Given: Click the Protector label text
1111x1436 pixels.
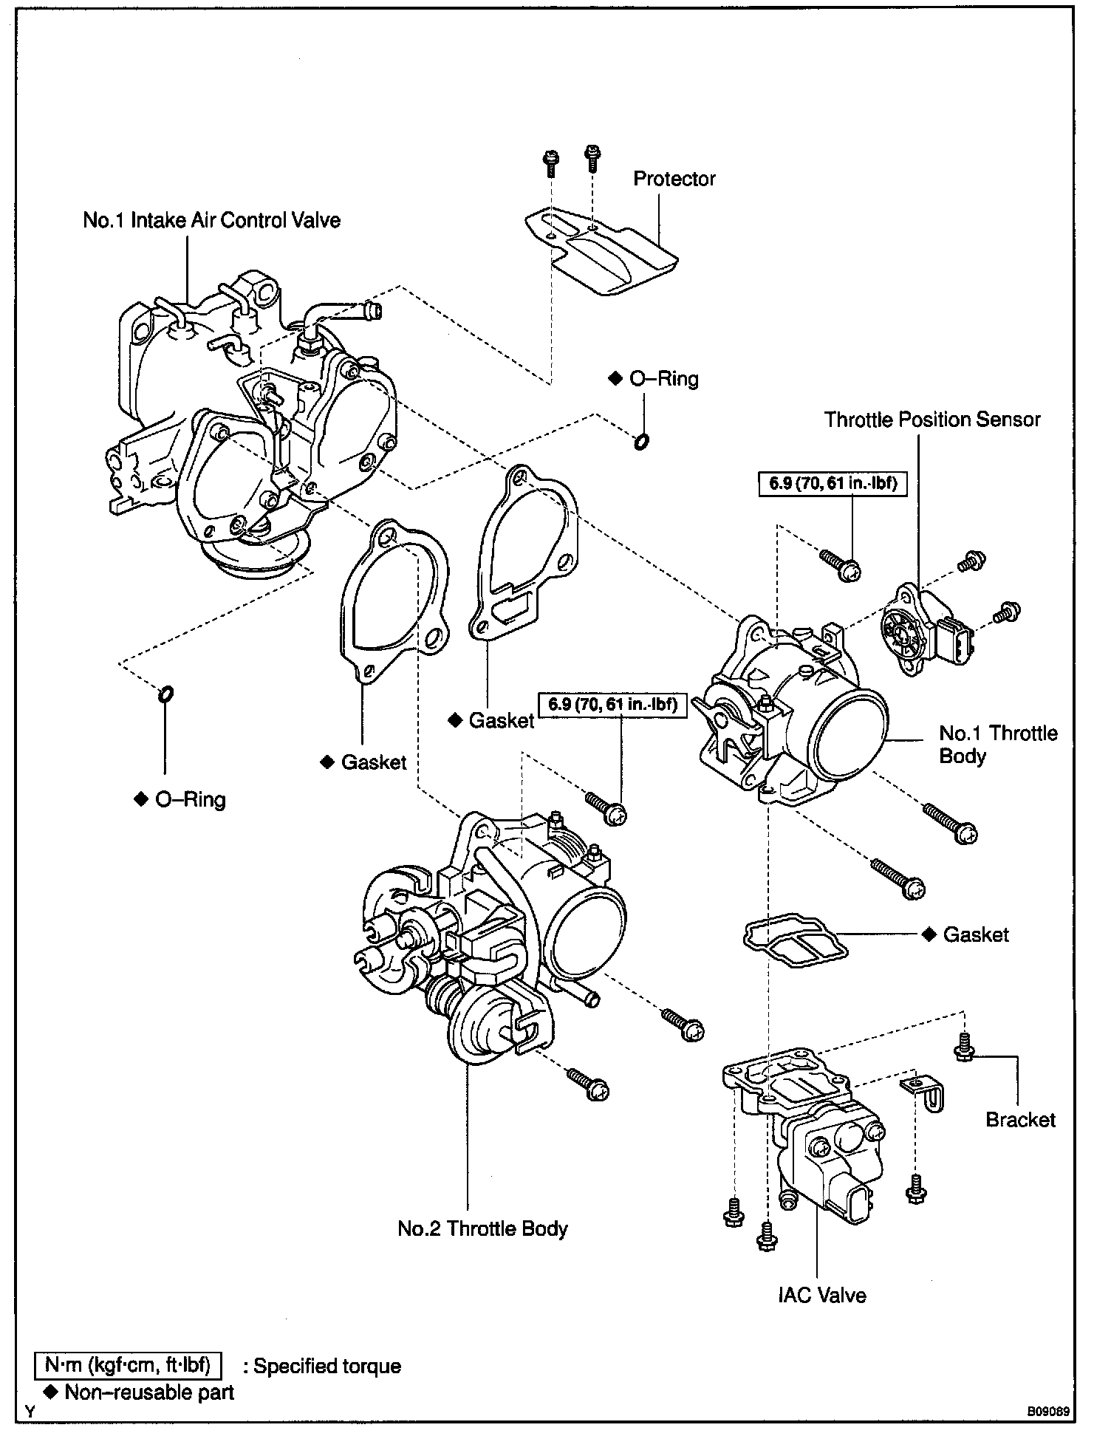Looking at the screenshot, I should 674,179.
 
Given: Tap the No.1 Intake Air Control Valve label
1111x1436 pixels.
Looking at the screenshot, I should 211,221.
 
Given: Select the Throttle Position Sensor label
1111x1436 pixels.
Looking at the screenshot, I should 931,420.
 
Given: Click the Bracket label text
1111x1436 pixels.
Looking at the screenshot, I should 1020,1120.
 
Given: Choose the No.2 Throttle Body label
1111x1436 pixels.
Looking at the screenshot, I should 482,1229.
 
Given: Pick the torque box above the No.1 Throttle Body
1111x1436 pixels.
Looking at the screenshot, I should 833,485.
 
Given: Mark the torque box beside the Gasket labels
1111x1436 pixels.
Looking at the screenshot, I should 612,705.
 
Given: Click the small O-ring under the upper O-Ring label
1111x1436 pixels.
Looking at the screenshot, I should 641,442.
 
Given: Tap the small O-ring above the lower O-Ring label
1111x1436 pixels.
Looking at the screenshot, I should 166,694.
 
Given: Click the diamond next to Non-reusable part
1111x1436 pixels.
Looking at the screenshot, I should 51,1392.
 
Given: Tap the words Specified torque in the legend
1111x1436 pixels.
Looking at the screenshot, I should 327,1367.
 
